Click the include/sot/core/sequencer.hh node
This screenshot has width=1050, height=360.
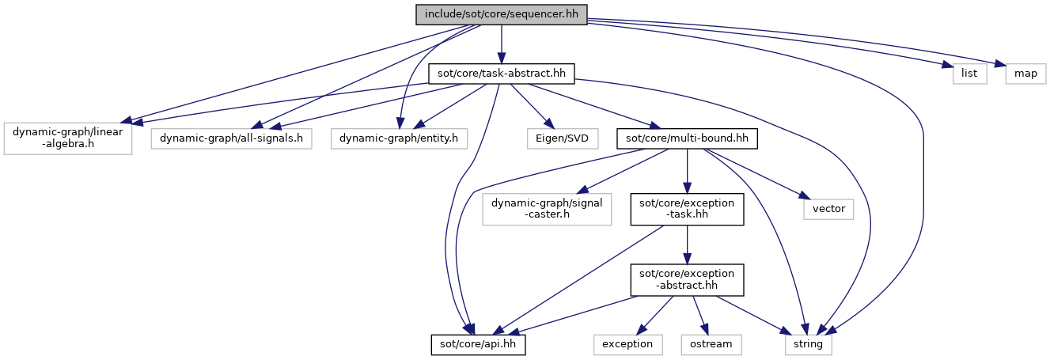(x=501, y=14)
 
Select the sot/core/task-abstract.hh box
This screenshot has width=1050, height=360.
(x=501, y=74)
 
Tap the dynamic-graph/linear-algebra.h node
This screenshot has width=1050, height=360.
(x=68, y=138)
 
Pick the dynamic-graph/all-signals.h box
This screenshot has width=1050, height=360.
(x=231, y=138)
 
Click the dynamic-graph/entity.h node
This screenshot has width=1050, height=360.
(x=399, y=138)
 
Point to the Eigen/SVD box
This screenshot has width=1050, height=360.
(x=563, y=138)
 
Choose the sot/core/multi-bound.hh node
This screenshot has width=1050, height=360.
(x=687, y=138)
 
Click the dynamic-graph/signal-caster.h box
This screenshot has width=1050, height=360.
(x=547, y=209)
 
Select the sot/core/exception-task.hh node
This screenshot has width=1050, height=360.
(x=687, y=209)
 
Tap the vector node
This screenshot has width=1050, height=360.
(x=828, y=209)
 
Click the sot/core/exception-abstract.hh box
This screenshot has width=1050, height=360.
(x=687, y=280)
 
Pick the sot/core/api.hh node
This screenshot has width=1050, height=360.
(x=478, y=344)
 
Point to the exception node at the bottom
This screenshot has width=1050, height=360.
(x=627, y=344)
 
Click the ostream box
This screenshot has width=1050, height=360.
(x=711, y=344)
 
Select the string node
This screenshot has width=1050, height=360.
(x=809, y=344)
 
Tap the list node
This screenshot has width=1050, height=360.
(x=969, y=74)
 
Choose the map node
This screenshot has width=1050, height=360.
(x=1025, y=74)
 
